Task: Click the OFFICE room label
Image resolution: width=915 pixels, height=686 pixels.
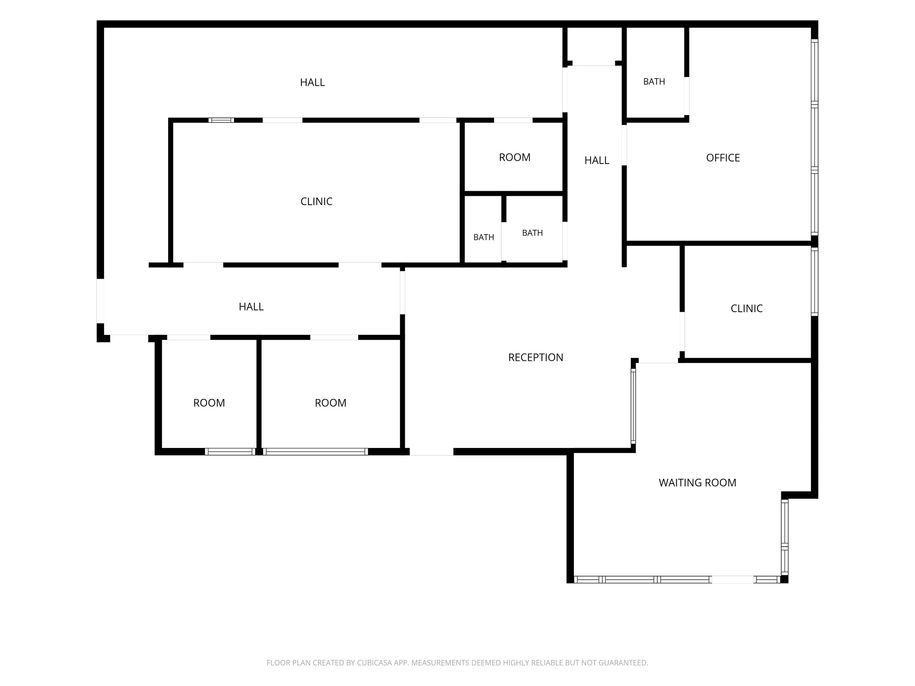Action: (723, 157)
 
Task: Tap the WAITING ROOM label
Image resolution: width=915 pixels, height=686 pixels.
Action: (697, 483)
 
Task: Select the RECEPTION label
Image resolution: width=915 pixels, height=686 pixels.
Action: (536, 357)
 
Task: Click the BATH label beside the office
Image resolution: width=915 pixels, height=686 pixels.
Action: (654, 81)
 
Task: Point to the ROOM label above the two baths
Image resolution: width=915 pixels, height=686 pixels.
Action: (514, 157)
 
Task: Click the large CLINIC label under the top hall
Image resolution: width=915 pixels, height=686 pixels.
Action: (316, 201)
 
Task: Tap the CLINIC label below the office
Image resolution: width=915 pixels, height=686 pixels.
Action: (746, 308)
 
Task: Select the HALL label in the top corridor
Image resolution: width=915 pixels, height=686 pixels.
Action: (312, 82)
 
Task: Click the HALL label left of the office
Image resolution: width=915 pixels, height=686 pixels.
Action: (597, 160)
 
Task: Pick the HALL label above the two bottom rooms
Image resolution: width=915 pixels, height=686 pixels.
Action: (251, 306)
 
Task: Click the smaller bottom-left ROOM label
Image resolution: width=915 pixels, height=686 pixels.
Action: (209, 403)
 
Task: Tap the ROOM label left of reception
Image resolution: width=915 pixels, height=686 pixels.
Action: (331, 403)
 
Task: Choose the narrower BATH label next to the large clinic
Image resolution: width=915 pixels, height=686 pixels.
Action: (484, 237)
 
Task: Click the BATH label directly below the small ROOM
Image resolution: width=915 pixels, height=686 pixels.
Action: (532, 233)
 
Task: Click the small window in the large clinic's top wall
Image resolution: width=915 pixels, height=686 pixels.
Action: (221, 120)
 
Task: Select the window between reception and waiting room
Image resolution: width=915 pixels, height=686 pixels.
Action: (633, 406)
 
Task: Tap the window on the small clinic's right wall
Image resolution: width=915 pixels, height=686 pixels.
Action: (814, 282)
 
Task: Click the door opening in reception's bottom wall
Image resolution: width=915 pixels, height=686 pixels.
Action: (431, 451)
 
